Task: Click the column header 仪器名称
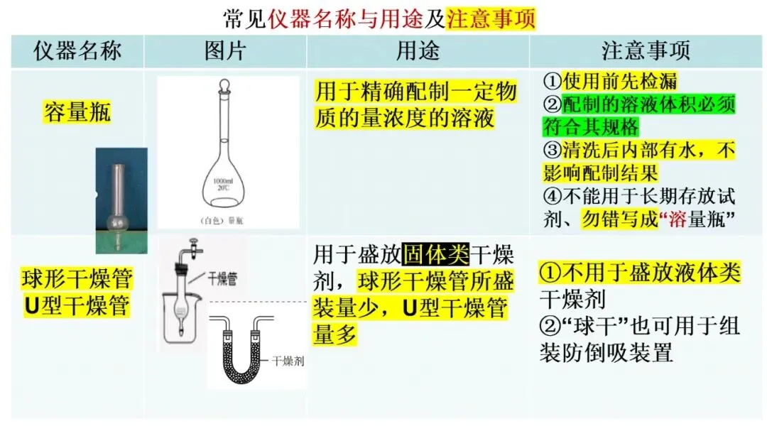point(77,51)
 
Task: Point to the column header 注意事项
point(646,51)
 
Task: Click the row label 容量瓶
point(77,111)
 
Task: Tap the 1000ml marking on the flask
point(226,182)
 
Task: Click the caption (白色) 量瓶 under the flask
point(226,219)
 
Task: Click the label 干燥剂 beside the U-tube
point(288,361)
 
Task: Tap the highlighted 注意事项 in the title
point(490,18)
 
